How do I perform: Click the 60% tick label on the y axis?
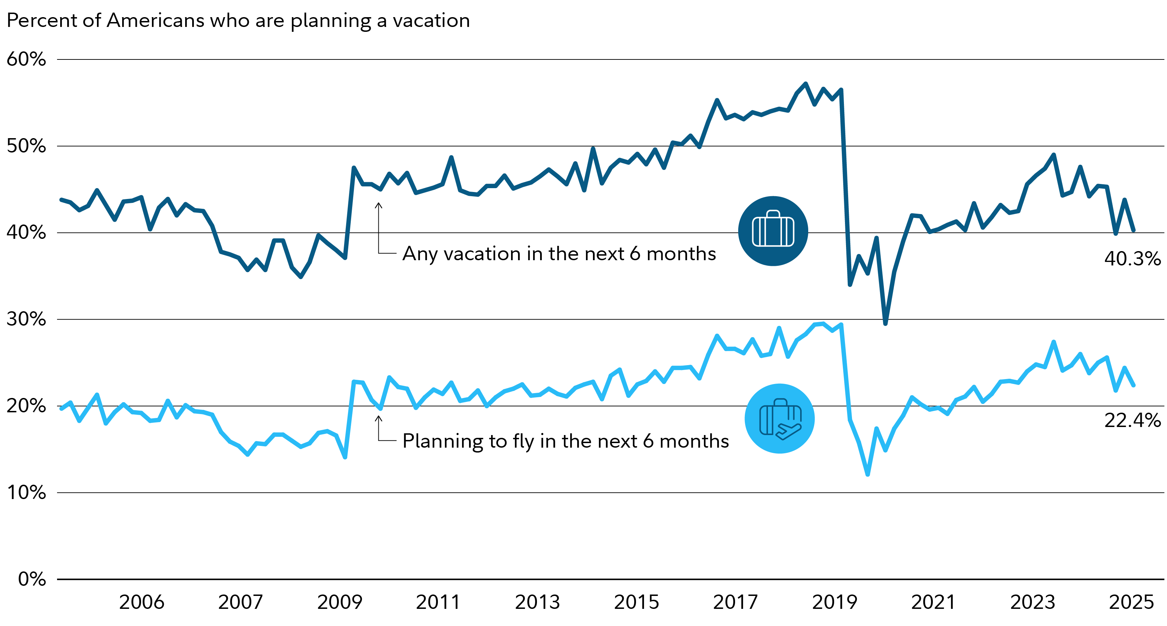(26, 59)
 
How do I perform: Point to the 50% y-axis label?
(26, 146)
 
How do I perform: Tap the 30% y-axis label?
(26, 319)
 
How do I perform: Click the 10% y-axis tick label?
(26, 492)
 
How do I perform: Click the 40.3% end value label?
(1132, 259)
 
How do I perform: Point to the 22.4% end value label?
(1132, 420)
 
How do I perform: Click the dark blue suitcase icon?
(773, 231)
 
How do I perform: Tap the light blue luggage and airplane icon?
(780, 419)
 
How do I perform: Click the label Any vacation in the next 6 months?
(559, 254)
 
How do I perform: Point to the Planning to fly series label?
(565, 441)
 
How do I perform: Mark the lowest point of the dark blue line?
(885, 323)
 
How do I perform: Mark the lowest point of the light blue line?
(867, 474)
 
